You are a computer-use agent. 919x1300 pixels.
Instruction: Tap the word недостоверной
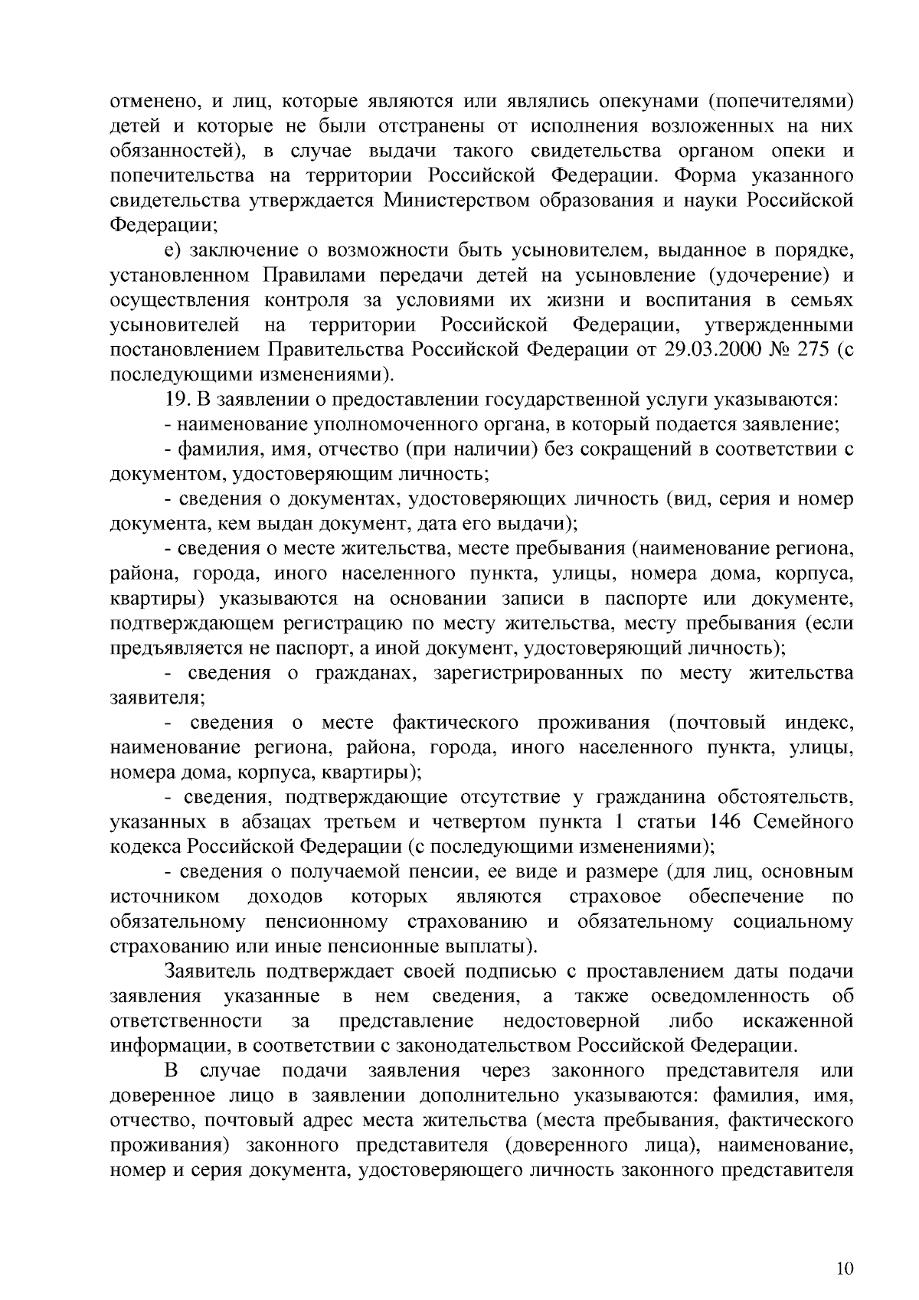(571, 1021)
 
